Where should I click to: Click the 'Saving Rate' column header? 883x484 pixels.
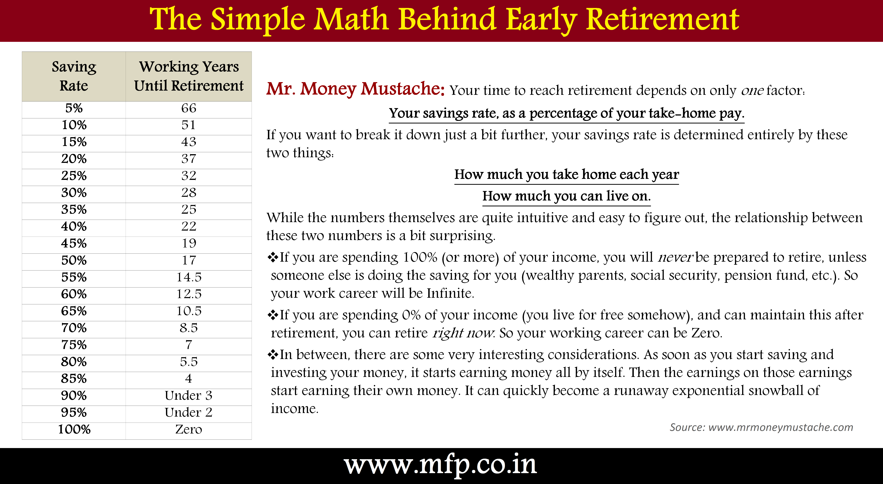coord(74,76)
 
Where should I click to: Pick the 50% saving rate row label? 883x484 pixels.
coord(74,260)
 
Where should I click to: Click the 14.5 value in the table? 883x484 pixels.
coord(189,277)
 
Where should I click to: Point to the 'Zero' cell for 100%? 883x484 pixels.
coord(189,429)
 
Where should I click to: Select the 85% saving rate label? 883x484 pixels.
coord(74,378)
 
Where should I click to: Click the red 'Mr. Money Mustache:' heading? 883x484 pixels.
coord(356,89)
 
